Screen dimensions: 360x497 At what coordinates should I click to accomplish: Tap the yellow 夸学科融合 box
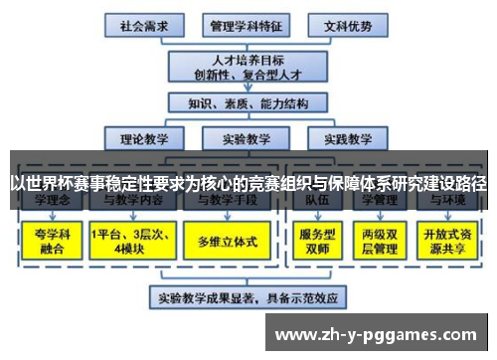[48, 241]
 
